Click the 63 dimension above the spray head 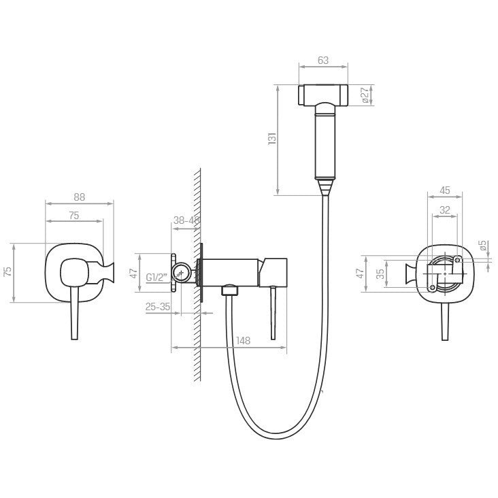click(323, 61)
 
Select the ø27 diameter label click(365, 95)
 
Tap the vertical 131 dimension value click(272, 139)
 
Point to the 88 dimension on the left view click(80, 197)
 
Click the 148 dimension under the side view click(244, 340)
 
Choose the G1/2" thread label click(156, 278)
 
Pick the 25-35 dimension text click(158, 307)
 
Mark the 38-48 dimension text click(186, 220)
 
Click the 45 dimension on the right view click(445, 190)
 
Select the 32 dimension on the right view click(445, 210)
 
